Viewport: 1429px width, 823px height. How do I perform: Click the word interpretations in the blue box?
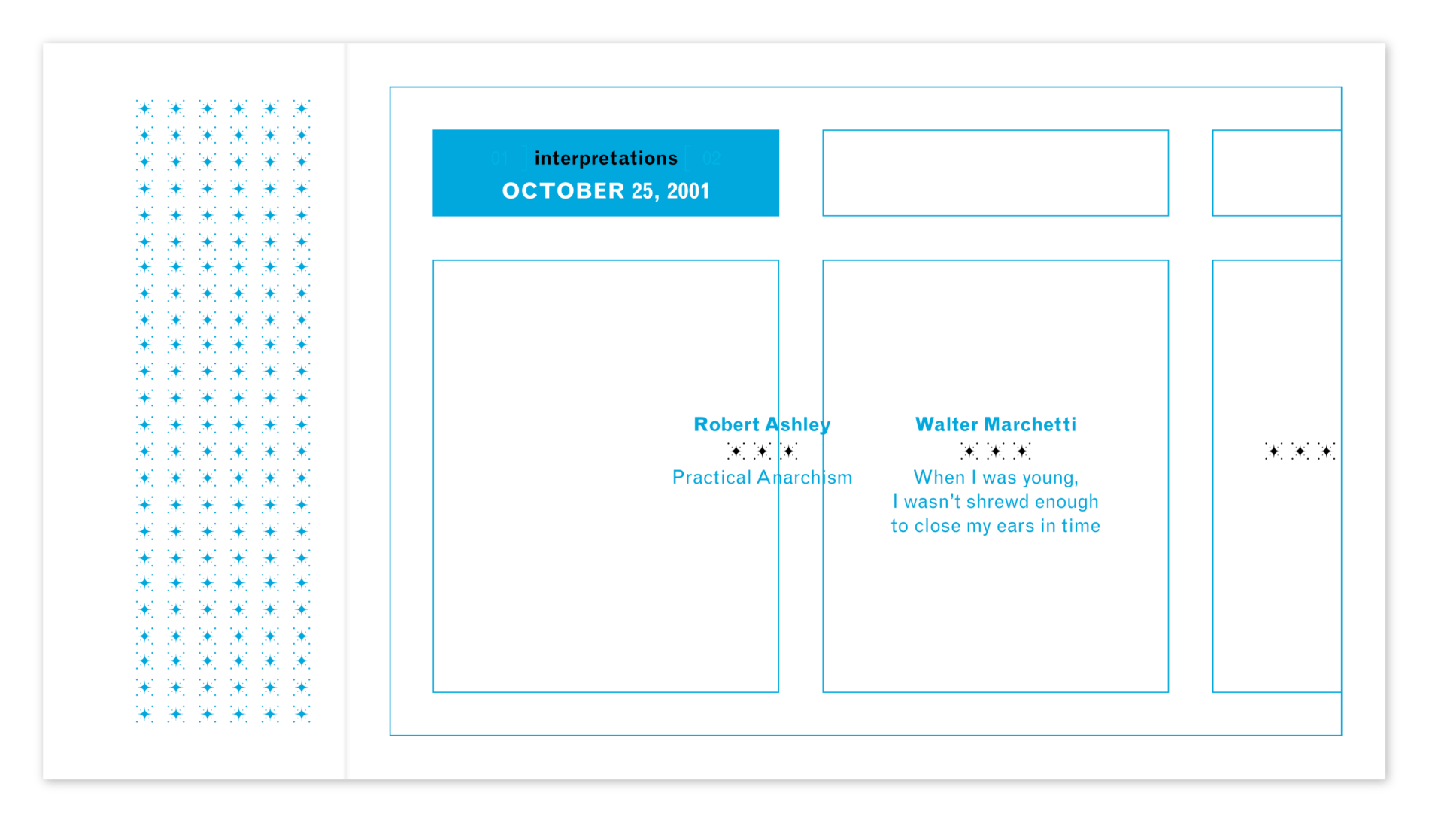coord(606,159)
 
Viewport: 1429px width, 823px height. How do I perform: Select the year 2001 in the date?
coord(688,191)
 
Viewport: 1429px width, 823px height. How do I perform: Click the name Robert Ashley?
coord(762,425)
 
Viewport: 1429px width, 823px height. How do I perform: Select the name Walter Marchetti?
coord(996,424)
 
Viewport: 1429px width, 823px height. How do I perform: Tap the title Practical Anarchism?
coord(762,478)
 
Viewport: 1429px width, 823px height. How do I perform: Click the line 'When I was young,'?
coord(996,478)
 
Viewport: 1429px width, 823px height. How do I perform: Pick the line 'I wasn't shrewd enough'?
coord(996,502)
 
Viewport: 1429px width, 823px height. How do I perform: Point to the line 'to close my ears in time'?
coord(996,526)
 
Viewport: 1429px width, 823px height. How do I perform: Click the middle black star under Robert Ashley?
coord(763,451)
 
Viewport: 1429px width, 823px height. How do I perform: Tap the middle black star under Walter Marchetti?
coord(996,451)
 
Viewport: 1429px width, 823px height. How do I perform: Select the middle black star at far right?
coord(1300,451)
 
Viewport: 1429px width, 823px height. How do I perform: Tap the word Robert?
coord(727,425)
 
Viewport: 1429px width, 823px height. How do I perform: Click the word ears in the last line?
coord(1016,527)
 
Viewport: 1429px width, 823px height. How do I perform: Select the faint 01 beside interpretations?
coord(499,159)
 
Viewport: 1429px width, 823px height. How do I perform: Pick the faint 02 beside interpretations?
coord(711,159)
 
